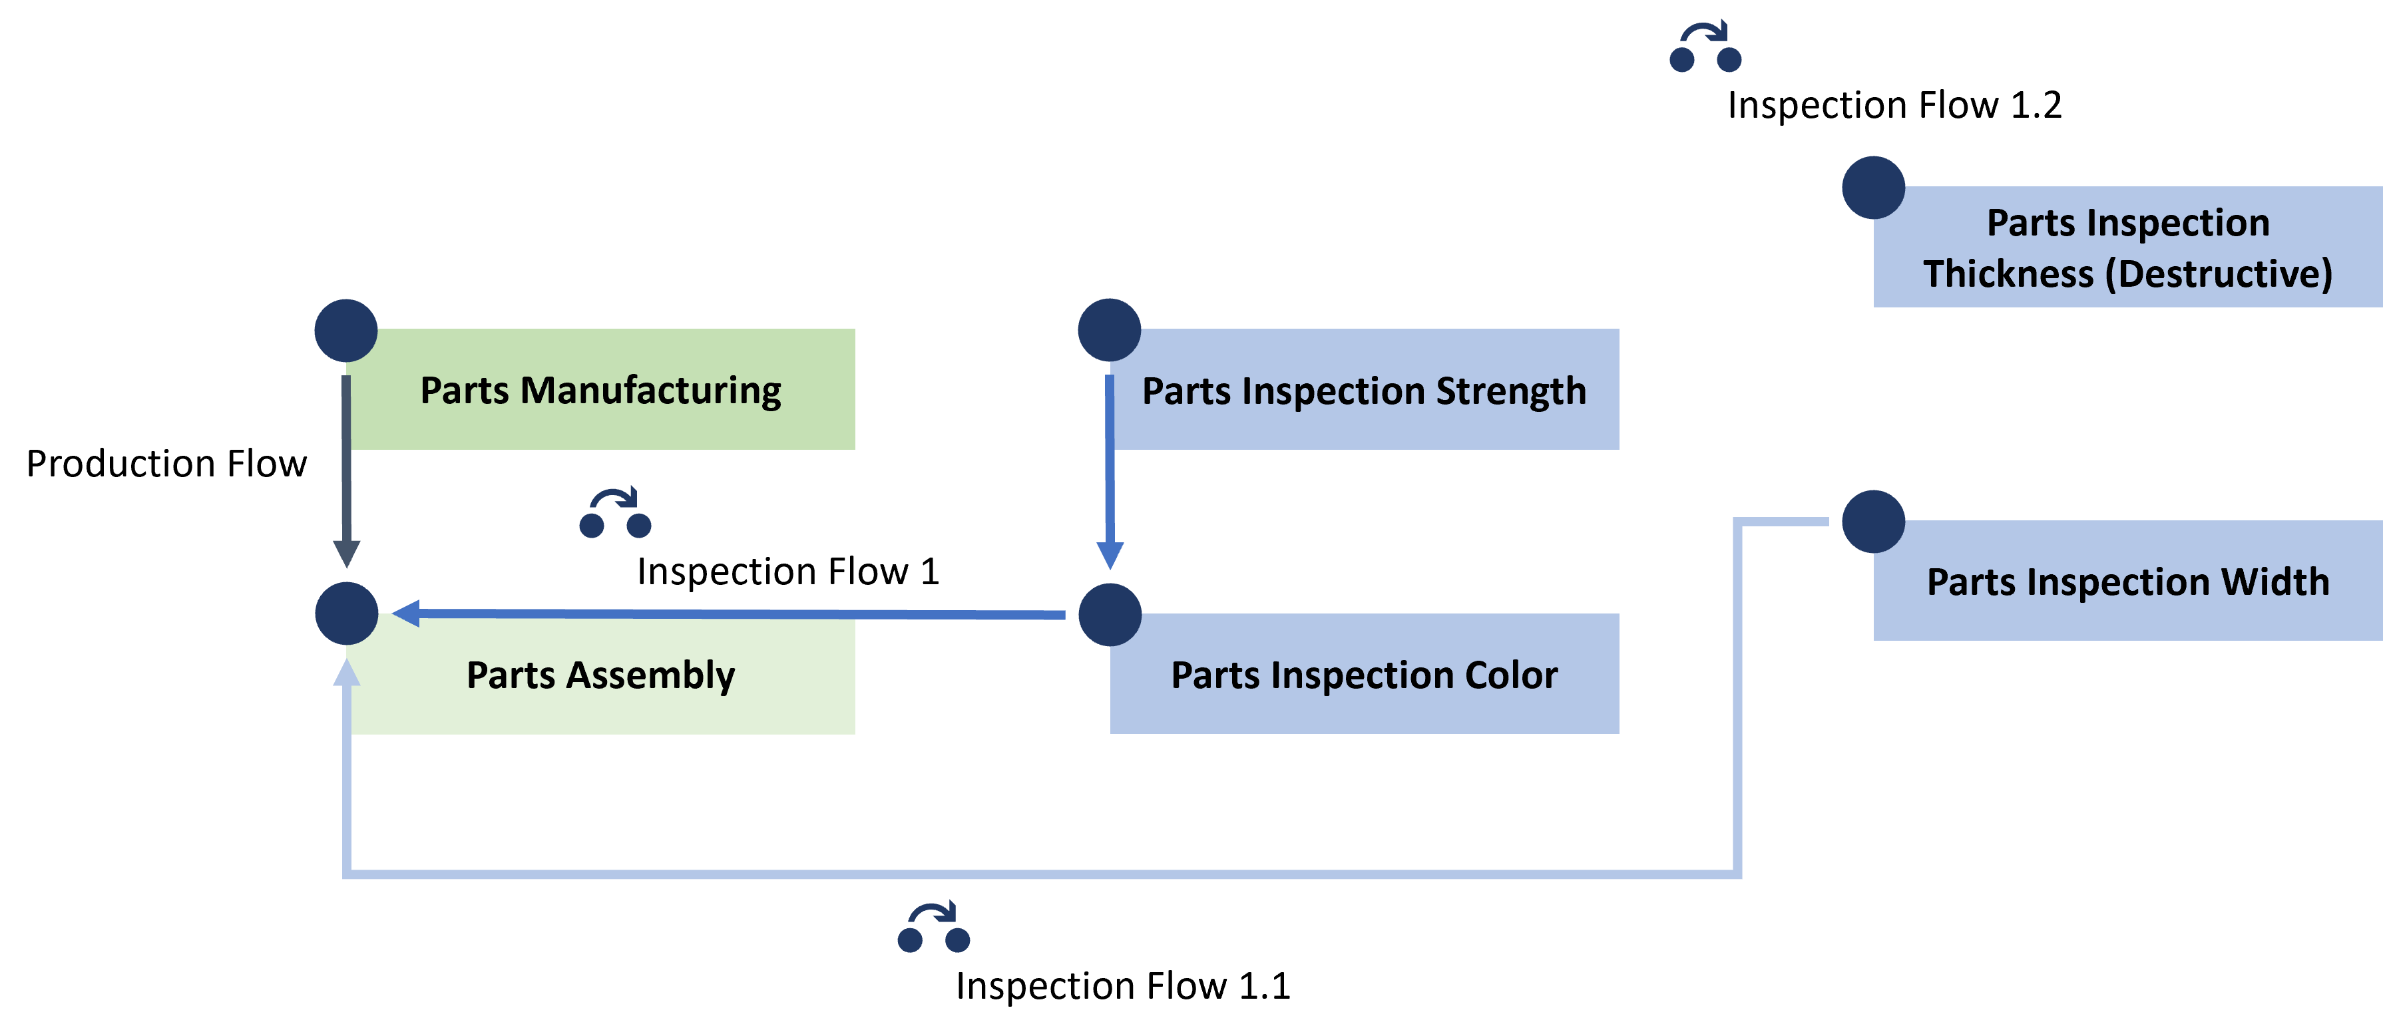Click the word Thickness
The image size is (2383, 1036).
pyautogui.click(x=2008, y=273)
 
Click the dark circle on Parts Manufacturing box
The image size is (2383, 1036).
pyautogui.click(x=346, y=330)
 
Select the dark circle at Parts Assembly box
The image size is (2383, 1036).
pyautogui.click(x=346, y=613)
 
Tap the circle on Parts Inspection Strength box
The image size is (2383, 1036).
pyautogui.click(x=1109, y=330)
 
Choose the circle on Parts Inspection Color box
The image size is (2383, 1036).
pyautogui.click(x=1109, y=614)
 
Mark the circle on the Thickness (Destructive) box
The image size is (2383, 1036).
pyautogui.click(x=1873, y=188)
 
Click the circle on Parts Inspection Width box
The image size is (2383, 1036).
pyautogui.click(x=1873, y=522)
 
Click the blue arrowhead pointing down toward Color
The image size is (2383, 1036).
pyautogui.click(x=1109, y=556)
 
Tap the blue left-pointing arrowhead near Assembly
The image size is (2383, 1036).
pyautogui.click(x=406, y=612)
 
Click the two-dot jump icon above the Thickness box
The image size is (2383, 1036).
pyautogui.click(x=1705, y=47)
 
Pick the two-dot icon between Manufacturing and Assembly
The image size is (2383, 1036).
pyautogui.click(x=615, y=514)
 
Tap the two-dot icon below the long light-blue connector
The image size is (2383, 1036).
pyautogui.click(x=933, y=928)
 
